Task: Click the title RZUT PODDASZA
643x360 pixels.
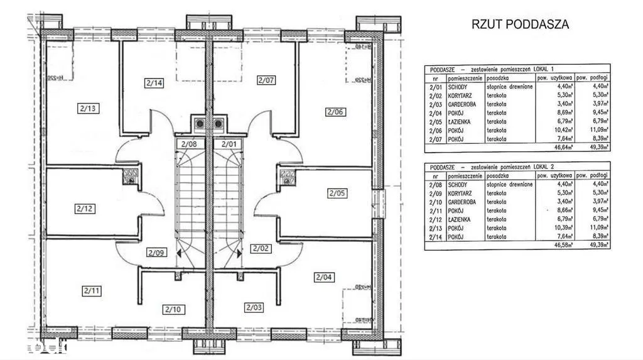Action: click(x=520, y=25)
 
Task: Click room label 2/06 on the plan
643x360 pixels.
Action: click(x=335, y=112)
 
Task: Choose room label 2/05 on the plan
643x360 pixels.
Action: click(x=336, y=194)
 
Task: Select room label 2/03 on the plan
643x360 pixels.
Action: click(x=254, y=307)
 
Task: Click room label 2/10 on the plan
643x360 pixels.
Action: click(x=172, y=308)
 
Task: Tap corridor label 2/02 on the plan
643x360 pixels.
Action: click(x=260, y=249)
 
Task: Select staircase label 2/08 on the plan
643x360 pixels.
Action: click(x=189, y=144)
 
